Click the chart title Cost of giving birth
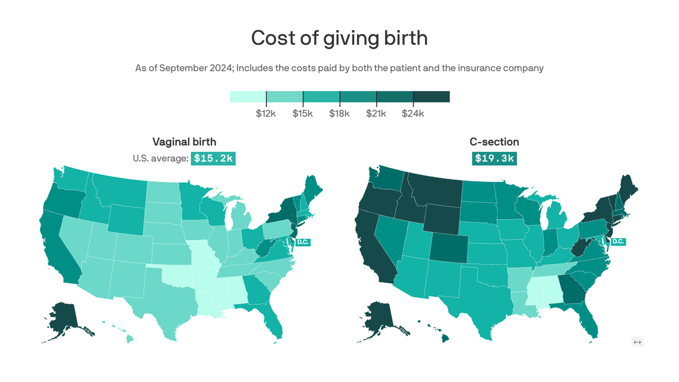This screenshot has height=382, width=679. [339, 38]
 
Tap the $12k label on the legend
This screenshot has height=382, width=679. [266, 113]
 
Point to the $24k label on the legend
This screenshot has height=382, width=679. [413, 113]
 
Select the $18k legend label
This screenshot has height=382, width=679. [339, 113]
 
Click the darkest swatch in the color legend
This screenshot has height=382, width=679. [431, 96]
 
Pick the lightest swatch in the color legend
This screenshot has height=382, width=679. [248, 96]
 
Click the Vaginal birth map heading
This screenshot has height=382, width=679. [184, 142]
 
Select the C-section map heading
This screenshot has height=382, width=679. [494, 142]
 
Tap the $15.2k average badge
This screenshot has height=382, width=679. [213, 158]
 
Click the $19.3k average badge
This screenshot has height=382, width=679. [494, 158]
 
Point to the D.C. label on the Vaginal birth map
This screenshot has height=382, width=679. [302, 242]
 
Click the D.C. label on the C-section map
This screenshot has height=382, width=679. [618, 242]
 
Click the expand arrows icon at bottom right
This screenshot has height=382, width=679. [637, 342]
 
